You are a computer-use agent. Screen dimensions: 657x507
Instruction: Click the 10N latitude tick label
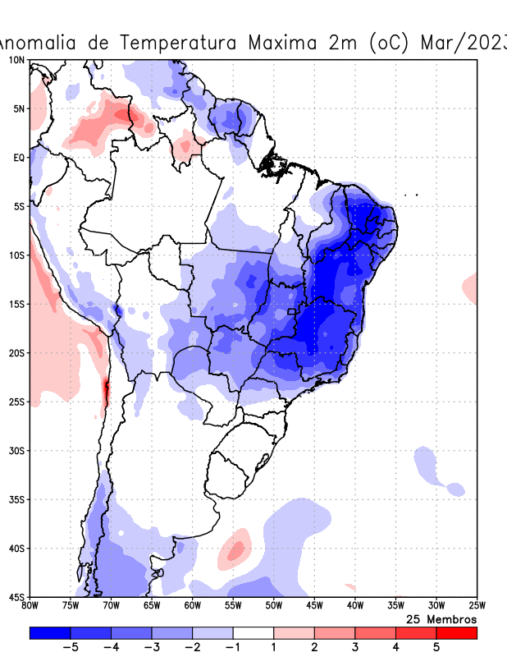16,60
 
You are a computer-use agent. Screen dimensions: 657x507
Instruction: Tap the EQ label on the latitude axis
19,157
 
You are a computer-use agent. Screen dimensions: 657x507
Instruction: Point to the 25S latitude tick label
16,402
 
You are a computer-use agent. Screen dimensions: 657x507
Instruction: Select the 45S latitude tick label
16,596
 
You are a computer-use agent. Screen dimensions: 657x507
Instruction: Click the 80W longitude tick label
30,606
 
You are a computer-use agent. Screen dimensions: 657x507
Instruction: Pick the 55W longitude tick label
233,606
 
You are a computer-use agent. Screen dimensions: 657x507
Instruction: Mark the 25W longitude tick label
477,606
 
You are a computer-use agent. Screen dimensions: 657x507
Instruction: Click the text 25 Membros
441,618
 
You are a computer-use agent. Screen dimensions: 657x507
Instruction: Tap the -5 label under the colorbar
70,647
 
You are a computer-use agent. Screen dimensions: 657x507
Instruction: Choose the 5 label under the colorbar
436,647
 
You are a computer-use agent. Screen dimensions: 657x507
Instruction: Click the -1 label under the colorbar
232,647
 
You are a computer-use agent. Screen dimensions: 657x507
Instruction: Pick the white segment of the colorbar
253,632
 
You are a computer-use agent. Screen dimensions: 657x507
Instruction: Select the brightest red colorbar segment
456,632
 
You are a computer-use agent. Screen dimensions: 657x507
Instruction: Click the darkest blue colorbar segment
49,632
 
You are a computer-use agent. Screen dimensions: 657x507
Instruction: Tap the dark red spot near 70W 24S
105,391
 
